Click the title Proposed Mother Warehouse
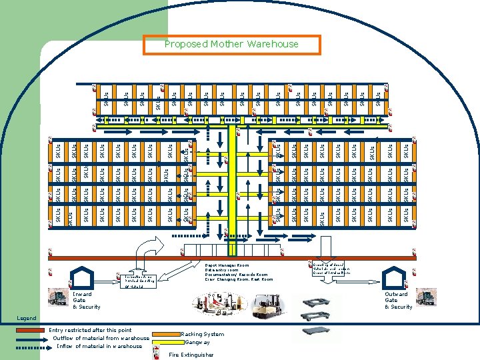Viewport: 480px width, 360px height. coord(232,45)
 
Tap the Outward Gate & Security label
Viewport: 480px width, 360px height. coord(399,300)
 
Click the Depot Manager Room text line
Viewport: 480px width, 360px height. coord(226,265)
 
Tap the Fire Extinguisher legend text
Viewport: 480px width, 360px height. coord(192,354)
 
